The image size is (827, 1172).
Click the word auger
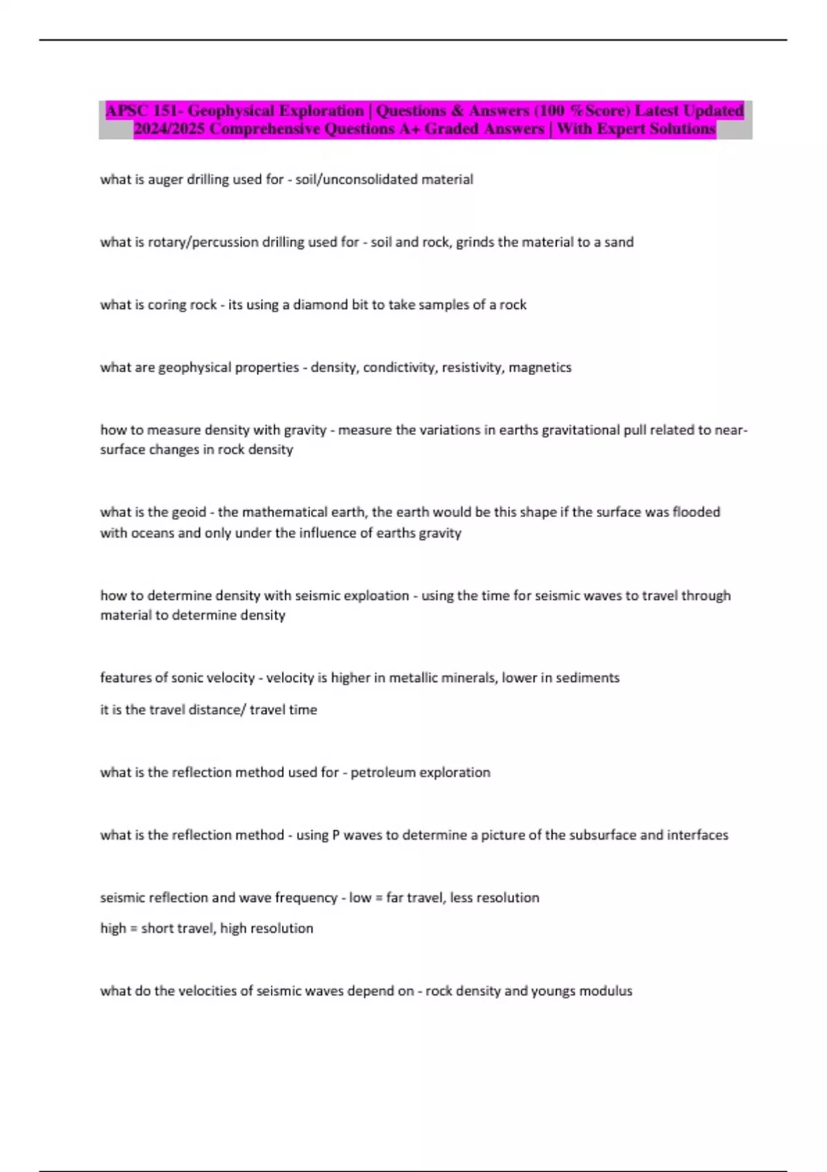pos(166,179)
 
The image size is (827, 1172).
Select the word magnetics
pos(540,367)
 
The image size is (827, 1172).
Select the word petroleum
pos(383,772)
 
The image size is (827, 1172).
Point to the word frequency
pos(306,898)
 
